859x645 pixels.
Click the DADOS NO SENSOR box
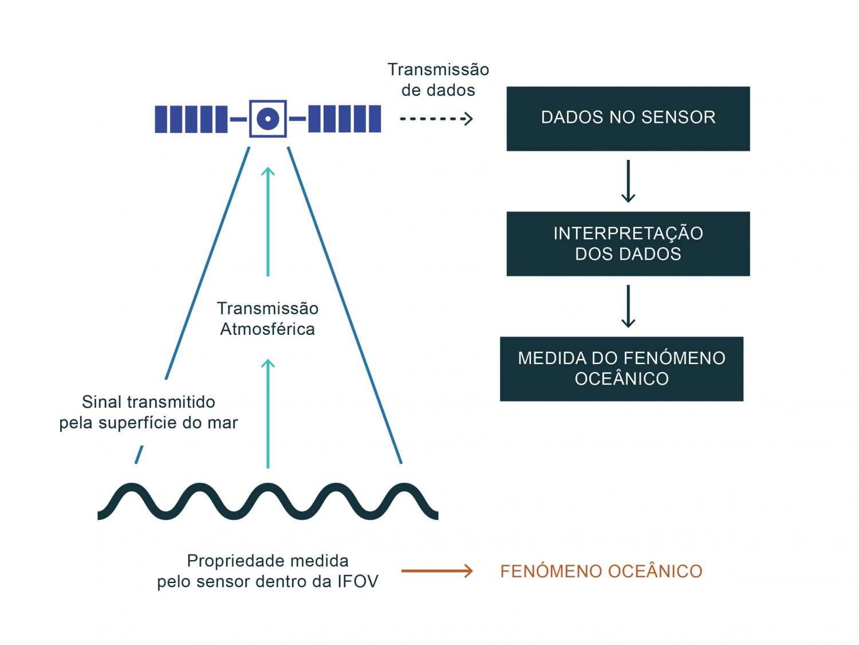click(x=628, y=119)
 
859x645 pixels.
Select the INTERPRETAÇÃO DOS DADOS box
click(x=628, y=244)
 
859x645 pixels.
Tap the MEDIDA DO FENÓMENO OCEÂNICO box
click(x=621, y=369)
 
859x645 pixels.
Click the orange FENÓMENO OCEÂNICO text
click(x=601, y=572)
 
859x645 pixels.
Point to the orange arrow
click(x=436, y=571)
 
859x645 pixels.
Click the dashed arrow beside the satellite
click(x=436, y=119)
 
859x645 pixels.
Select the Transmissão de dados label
click(x=438, y=80)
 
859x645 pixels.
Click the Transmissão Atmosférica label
click(x=267, y=319)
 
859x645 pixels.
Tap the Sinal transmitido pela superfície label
click(x=148, y=412)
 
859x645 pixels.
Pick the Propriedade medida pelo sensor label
click(x=267, y=571)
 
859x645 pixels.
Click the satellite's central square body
click(x=267, y=119)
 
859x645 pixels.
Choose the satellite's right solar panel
click(x=344, y=119)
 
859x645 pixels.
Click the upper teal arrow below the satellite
click(x=267, y=221)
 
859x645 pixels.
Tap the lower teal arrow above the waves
click(x=267, y=413)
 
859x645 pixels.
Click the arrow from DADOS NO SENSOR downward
click(x=628, y=181)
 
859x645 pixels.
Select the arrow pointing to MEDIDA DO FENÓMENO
click(x=628, y=306)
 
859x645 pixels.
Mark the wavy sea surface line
click(x=267, y=502)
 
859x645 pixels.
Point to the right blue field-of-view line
click(x=344, y=304)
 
